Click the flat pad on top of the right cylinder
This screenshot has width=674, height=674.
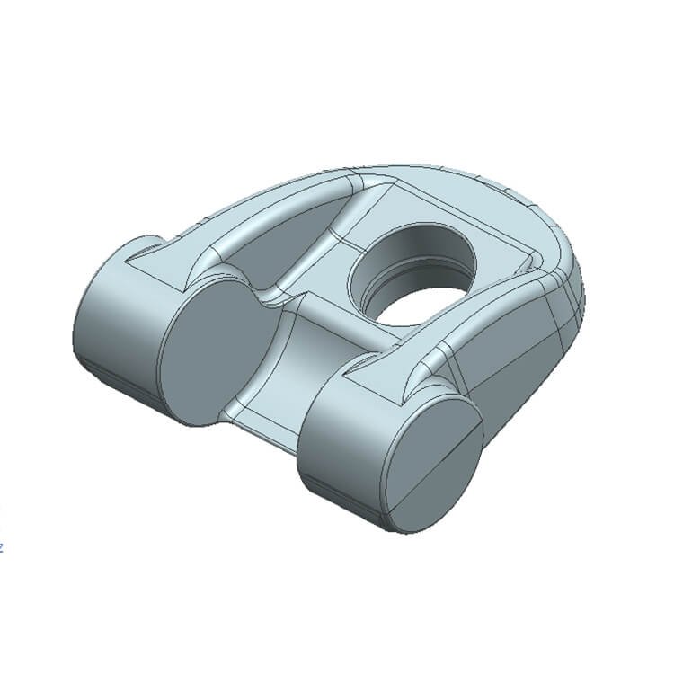coord(377,377)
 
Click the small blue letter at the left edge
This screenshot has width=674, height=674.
coord(2,545)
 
